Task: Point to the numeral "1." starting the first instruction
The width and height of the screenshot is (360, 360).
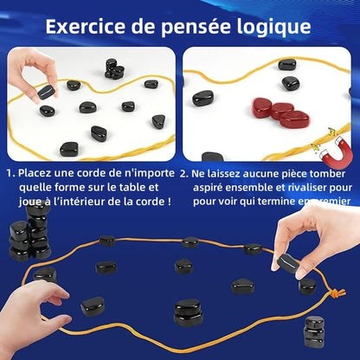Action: pyautogui.click(x=10, y=173)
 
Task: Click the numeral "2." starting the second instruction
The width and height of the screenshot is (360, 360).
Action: pyautogui.click(x=184, y=173)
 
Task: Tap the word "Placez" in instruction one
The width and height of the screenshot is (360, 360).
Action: pyautogui.click(x=37, y=173)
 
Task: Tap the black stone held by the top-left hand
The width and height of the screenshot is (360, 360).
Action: pyautogui.click(x=45, y=92)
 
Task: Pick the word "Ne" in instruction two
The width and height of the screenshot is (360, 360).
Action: pyautogui.click(x=199, y=173)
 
